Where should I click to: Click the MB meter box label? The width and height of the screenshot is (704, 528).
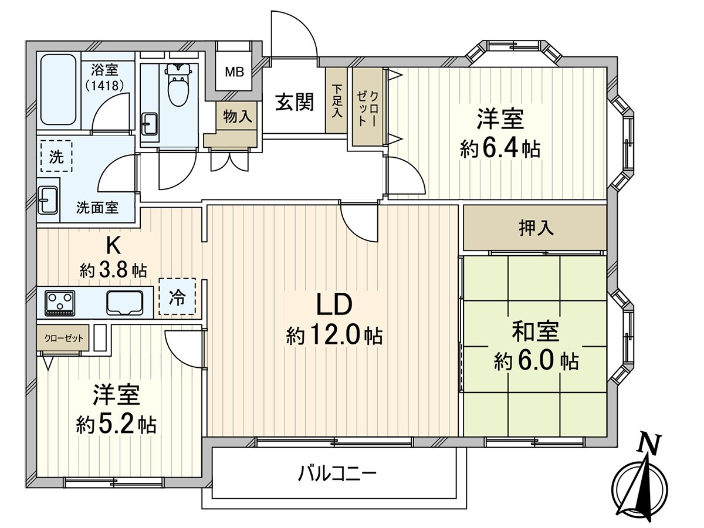(235, 73)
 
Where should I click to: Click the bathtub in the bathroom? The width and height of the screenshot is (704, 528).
(57, 89)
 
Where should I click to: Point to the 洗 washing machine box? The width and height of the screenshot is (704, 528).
(55, 156)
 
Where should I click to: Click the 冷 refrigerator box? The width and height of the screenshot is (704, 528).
(176, 297)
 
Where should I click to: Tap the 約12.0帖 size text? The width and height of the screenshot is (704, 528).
(334, 336)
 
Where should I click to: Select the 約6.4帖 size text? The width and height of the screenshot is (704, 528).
(500, 149)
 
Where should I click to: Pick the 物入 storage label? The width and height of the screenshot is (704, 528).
(238, 117)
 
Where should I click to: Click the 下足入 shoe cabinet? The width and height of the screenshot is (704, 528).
(336, 101)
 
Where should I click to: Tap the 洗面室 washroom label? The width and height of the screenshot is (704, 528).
(97, 207)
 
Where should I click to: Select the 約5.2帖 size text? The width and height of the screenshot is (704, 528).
(116, 424)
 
